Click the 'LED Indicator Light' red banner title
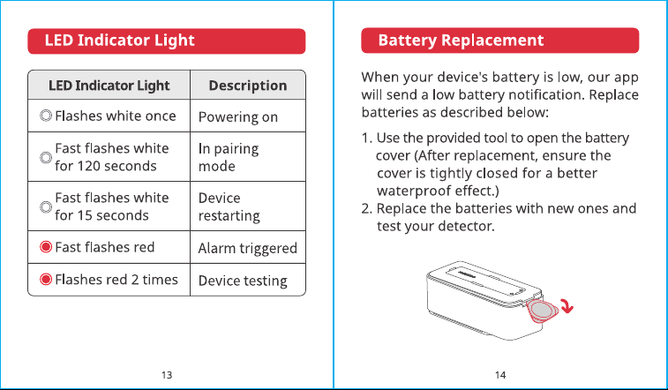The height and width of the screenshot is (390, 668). (119, 41)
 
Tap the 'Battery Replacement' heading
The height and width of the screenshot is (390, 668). (461, 41)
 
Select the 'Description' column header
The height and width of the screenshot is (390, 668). (247, 86)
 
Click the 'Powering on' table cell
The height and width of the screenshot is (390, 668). (237, 117)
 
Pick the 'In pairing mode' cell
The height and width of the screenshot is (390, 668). (229, 157)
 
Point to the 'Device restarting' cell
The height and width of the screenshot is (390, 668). (229, 207)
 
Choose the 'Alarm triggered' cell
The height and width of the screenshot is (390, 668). (247, 248)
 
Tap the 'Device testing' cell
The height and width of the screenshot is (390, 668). (243, 281)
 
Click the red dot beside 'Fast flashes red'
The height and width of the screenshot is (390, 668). (46, 247)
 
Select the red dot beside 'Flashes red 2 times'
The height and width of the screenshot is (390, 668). (46, 280)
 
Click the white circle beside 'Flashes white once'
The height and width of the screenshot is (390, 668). (46, 116)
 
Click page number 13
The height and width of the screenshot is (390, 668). (167, 375)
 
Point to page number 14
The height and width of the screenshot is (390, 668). (500, 375)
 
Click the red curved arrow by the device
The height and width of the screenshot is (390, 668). (568, 305)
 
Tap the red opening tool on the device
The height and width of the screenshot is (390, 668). (542, 311)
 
